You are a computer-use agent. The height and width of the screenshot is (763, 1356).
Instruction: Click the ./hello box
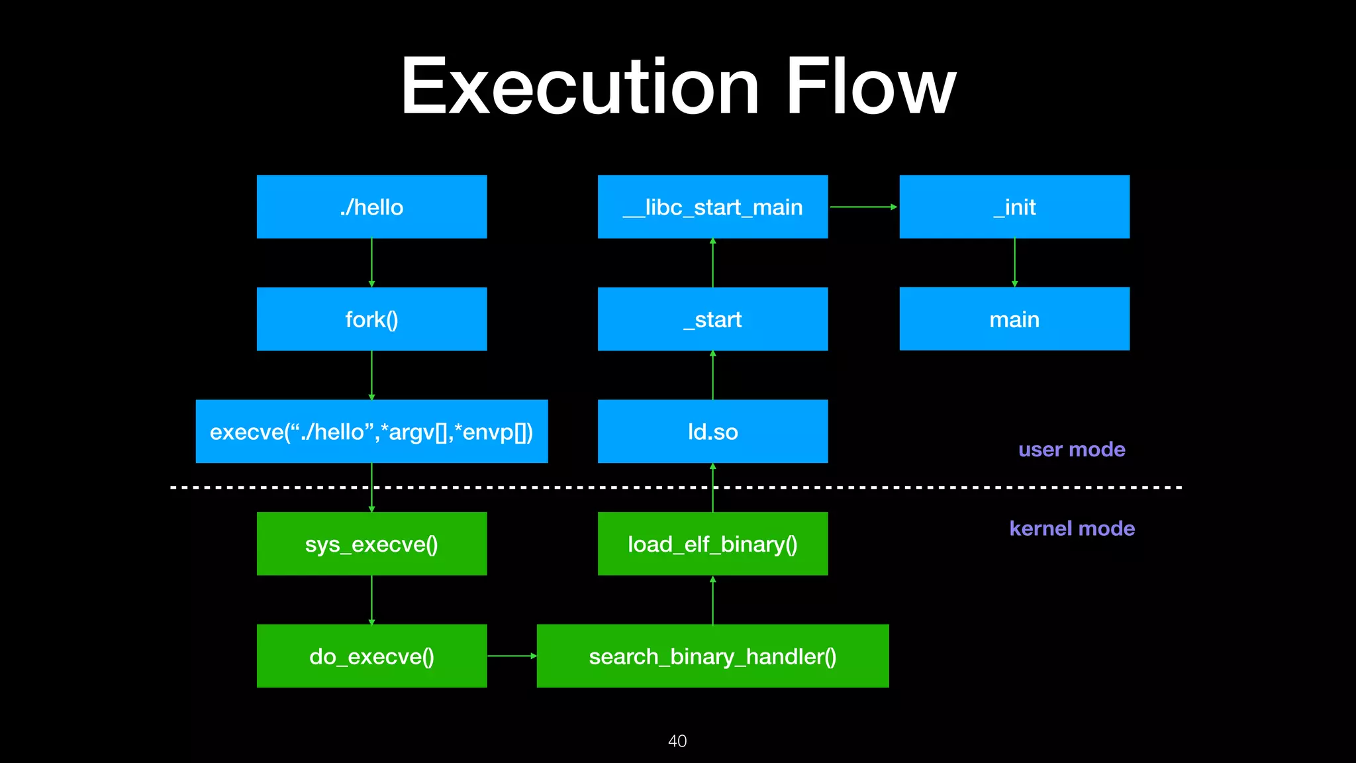tap(371, 207)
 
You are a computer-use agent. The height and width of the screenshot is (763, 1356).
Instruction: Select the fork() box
tap(371, 319)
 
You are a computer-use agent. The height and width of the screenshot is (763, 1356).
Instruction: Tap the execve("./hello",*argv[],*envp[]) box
tap(371, 431)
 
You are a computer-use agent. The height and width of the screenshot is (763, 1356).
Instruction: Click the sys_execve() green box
tap(371, 544)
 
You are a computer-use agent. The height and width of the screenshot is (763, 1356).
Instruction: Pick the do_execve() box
tap(371, 656)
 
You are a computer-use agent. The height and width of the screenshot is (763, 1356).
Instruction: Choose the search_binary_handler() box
tap(712, 656)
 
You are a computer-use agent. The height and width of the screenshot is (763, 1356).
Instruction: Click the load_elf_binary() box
tap(712, 544)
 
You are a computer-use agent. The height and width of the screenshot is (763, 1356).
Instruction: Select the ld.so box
tap(712, 431)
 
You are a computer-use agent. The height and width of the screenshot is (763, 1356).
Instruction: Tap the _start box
tap(712, 319)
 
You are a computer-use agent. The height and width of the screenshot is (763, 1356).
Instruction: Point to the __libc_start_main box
tap(712, 207)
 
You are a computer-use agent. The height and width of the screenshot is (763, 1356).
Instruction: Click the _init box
tap(1014, 207)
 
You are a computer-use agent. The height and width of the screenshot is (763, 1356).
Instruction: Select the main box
tap(1014, 319)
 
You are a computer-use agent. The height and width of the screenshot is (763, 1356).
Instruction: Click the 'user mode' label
tap(1071, 450)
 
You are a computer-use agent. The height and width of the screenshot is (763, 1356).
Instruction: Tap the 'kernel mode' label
tap(1071, 529)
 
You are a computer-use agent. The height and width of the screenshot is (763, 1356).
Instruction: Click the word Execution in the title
tap(580, 87)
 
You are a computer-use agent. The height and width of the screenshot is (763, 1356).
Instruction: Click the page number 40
tap(677, 740)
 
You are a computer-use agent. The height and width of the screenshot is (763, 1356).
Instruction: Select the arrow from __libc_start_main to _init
tap(863, 207)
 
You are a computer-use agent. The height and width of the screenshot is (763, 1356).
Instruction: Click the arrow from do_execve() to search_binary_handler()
tap(511, 656)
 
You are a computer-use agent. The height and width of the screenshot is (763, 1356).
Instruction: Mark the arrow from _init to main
tap(1014, 262)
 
